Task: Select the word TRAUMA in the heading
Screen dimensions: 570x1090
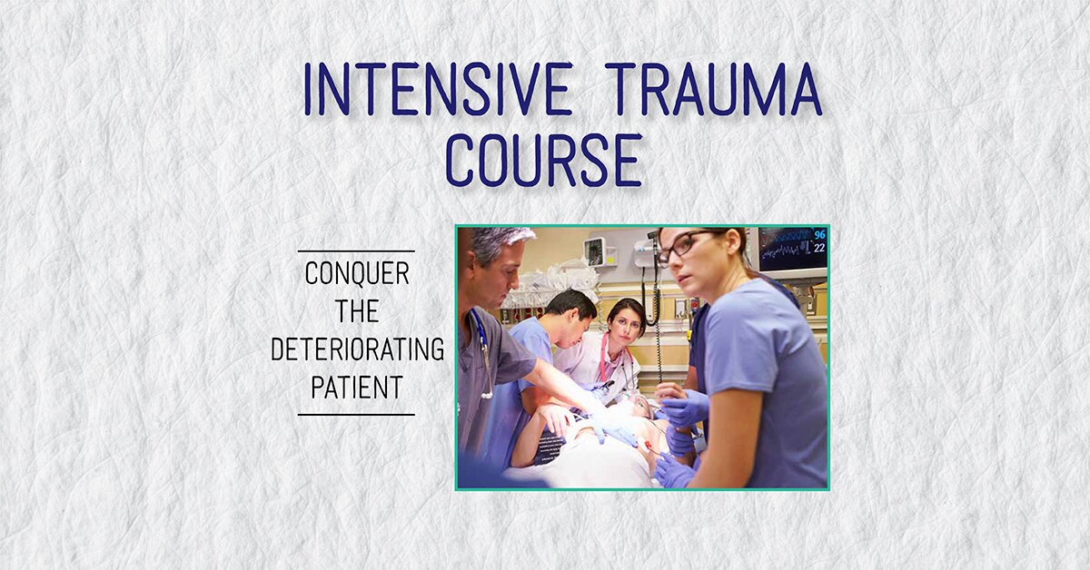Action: [713, 90]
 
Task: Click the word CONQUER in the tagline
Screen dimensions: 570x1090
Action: [357, 273]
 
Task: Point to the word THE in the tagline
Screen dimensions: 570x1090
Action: [356, 311]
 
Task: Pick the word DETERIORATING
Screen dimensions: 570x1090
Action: [357, 349]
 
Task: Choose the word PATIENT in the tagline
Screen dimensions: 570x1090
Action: [357, 388]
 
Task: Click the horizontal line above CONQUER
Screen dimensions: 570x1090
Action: [356, 251]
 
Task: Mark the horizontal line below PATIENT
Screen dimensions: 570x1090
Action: [356, 415]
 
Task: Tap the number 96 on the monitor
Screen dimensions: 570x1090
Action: [819, 234]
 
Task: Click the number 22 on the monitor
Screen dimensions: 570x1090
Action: [819, 248]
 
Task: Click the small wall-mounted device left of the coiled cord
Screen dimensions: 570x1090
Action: [596, 251]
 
